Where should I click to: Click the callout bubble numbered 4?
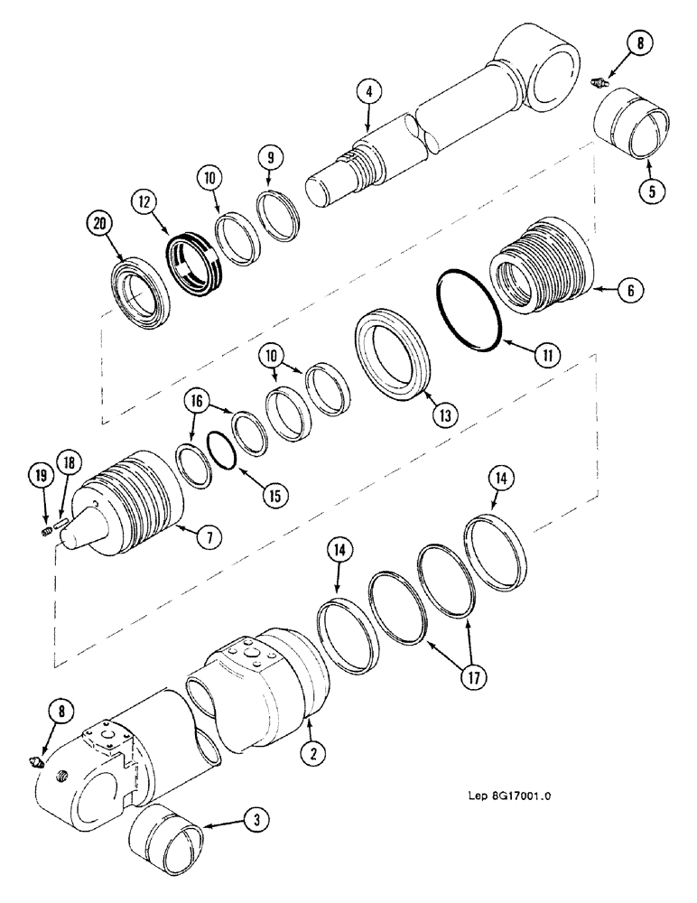pos(368,91)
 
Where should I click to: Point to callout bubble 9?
pos(270,158)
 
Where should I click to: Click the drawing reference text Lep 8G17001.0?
pos(516,797)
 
